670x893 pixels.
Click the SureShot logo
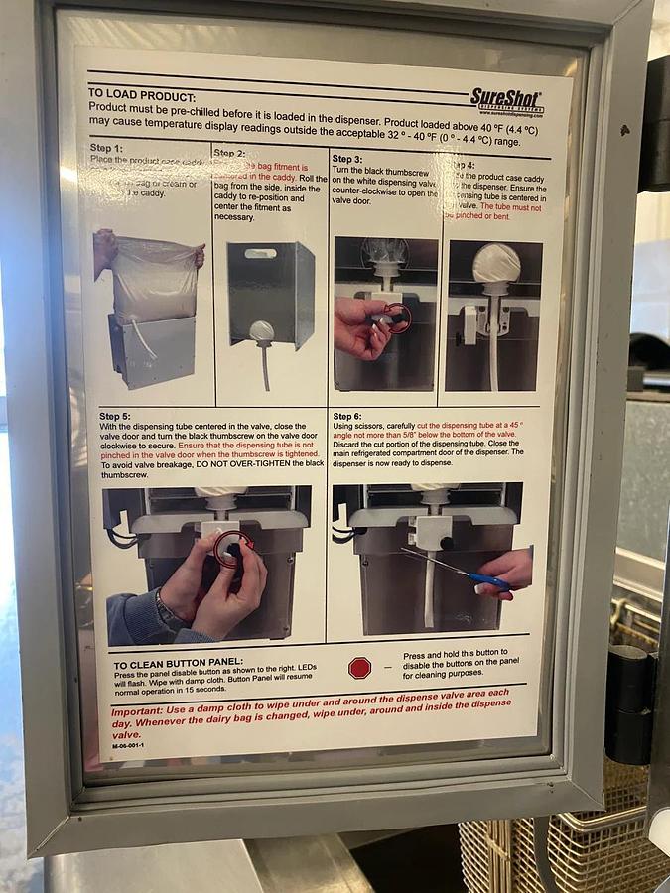click(506, 100)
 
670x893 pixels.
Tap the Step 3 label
click(347, 159)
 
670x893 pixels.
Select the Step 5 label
click(116, 416)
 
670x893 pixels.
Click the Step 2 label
click(229, 153)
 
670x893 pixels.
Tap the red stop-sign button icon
click(359, 668)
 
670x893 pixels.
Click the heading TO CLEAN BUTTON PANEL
click(178, 665)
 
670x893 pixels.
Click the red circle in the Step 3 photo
click(396, 318)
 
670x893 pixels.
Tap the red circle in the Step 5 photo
click(234, 549)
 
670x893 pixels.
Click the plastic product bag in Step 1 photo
click(154, 278)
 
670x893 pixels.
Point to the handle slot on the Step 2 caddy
click(260, 254)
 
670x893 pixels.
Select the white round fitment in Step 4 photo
click(495, 262)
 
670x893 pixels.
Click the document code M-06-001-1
click(126, 745)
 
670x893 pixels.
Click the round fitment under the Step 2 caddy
click(261, 331)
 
